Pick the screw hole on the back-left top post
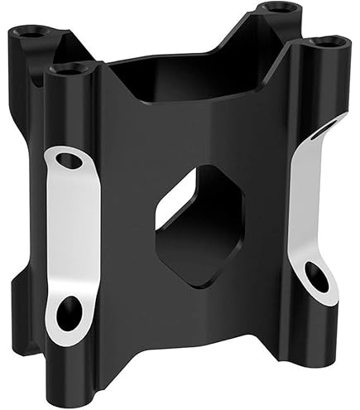31,33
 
